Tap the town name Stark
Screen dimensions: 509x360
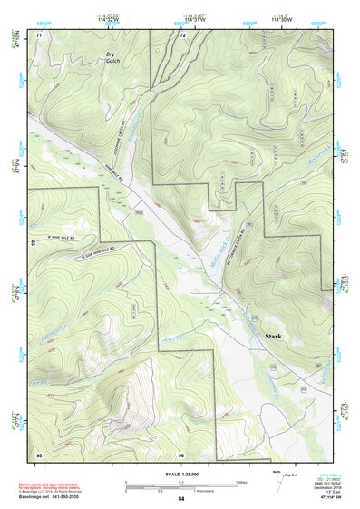coord(274,336)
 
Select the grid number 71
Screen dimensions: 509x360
coord(38,35)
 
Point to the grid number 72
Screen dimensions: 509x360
coord(182,35)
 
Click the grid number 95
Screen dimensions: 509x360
coord(38,453)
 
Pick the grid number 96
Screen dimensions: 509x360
coord(181,453)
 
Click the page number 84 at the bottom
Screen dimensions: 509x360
coord(181,499)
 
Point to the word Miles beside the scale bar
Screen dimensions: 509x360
coord(241,482)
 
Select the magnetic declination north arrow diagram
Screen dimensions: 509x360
coord(277,478)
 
